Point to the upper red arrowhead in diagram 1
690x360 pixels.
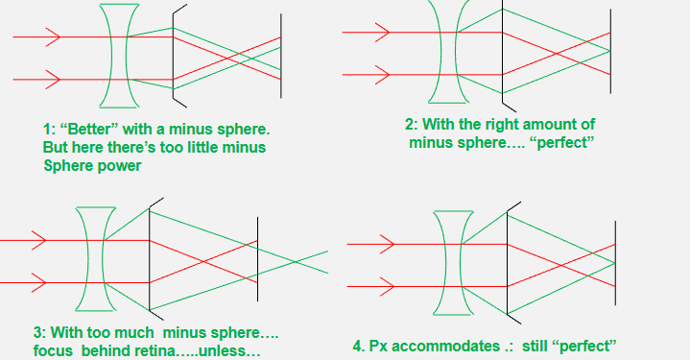click(54, 37)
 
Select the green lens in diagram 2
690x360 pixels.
click(446, 53)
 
